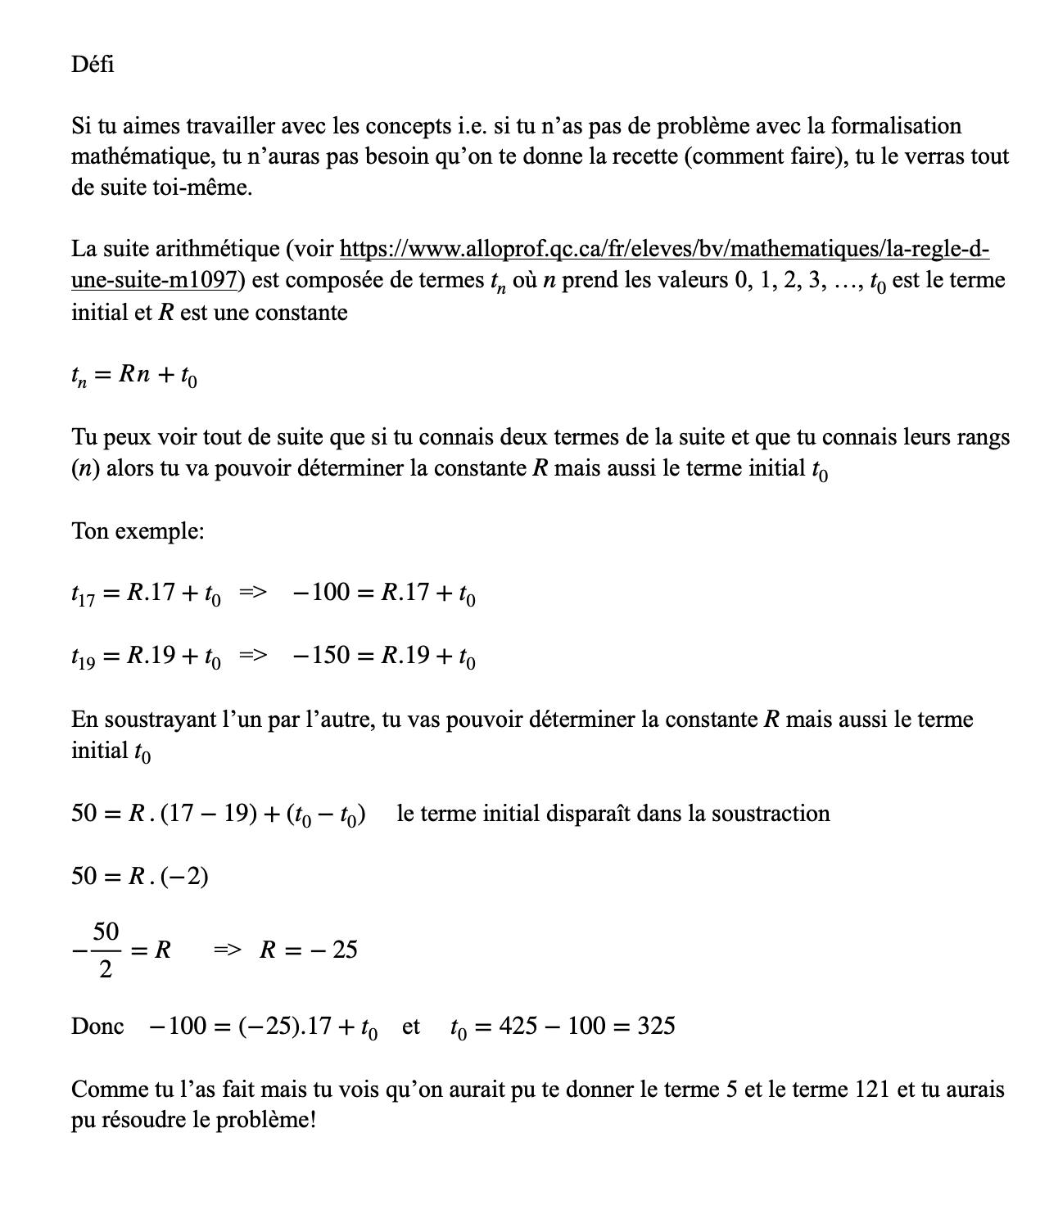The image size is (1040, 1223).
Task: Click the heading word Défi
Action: (x=93, y=64)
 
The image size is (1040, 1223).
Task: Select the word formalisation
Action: (x=896, y=126)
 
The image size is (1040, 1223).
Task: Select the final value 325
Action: (x=656, y=1026)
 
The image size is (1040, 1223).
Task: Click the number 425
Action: (x=518, y=1026)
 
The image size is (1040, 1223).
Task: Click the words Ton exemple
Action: (x=138, y=531)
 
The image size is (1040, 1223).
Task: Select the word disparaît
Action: (x=590, y=814)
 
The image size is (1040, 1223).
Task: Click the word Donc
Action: (x=97, y=1026)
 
